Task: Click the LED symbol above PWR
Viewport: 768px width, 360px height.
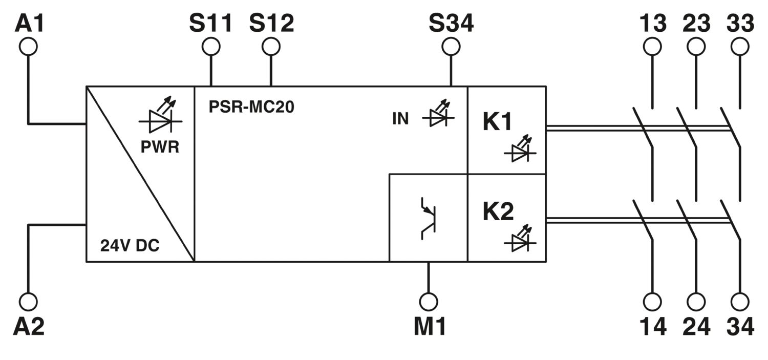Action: click(160, 115)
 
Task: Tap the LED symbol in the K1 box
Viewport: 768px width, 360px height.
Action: click(520, 149)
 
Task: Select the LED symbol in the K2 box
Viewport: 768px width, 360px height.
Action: click(520, 238)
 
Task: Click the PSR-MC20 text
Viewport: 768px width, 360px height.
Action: click(251, 107)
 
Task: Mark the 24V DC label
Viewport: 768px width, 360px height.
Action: click(130, 245)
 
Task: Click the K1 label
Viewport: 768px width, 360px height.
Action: click(497, 121)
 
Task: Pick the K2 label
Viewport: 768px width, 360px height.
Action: click(498, 211)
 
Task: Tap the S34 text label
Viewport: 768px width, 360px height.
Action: click(451, 23)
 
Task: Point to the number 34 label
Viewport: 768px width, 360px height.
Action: click(740, 326)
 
